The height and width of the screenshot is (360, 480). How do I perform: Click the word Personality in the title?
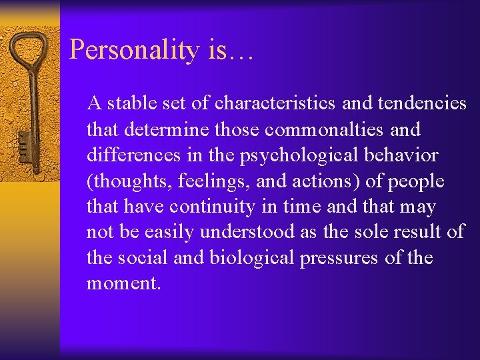(x=134, y=50)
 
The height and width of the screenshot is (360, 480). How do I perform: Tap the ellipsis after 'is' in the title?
(x=241, y=53)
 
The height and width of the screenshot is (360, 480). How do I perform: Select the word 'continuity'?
(x=207, y=207)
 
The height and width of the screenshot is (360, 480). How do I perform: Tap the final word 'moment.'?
(x=124, y=284)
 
